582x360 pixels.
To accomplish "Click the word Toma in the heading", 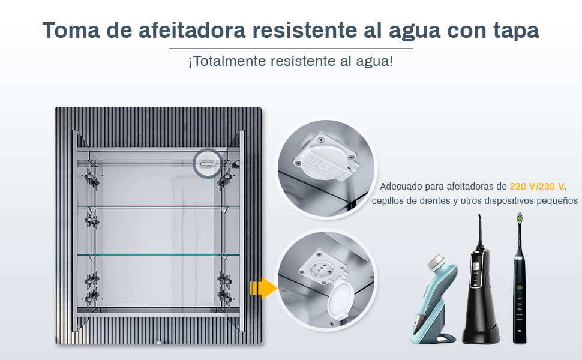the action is pyautogui.click(x=71, y=29).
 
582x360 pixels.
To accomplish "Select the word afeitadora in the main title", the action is pyautogui.click(x=192, y=29).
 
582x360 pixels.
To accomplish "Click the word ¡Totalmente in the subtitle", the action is pyautogui.click(x=227, y=61).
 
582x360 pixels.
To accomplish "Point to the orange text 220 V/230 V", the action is pyautogui.click(x=537, y=187).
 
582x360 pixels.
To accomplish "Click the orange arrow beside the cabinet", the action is pyautogui.click(x=263, y=288).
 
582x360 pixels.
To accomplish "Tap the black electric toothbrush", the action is pyautogui.click(x=520, y=278).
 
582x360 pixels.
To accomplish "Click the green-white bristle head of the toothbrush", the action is pyautogui.click(x=520, y=218).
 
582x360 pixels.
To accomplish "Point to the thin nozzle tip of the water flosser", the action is pyautogui.click(x=479, y=216).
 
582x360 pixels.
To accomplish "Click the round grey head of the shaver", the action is pyautogui.click(x=437, y=261).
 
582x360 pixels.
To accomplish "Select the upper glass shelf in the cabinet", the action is pyautogui.click(x=158, y=206).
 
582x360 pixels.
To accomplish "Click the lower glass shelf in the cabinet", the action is pyautogui.click(x=158, y=254).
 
